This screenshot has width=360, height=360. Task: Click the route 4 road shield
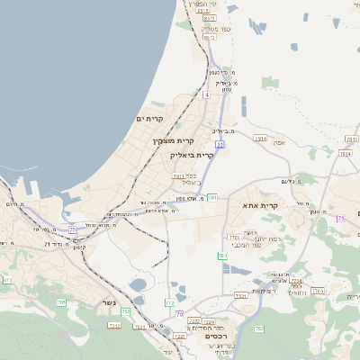pos(206,94)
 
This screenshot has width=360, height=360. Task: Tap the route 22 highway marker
pos(220,144)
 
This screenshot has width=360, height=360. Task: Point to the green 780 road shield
pos(221,256)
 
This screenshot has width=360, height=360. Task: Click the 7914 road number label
pos(261,138)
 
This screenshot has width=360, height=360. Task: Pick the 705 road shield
pos(61,302)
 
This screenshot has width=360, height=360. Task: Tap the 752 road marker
pos(126,310)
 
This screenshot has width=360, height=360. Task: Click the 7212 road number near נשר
pos(113,324)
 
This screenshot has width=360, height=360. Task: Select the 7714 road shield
pos(295,281)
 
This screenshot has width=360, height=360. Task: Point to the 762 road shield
pos(259,328)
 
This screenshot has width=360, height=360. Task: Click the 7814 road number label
pos(346,154)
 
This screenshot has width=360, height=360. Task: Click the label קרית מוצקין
pos(172,141)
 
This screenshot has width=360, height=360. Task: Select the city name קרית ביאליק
pos(192,155)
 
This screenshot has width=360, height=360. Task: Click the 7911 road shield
pos(178,176)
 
